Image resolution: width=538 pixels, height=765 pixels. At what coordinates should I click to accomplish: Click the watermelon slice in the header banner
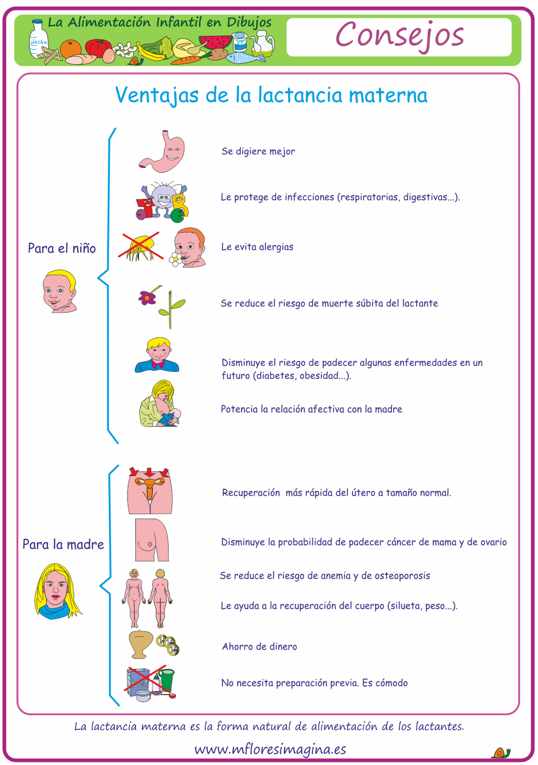click(x=215, y=42)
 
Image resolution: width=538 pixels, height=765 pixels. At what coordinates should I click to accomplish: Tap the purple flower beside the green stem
click(x=148, y=297)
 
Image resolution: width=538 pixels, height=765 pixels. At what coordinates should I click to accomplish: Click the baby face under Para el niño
click(x=59, y=291)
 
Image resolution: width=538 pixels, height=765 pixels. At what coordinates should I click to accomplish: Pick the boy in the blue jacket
click(x=157, y=355)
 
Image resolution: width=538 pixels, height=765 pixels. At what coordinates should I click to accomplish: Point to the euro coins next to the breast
click(x=168, y=645)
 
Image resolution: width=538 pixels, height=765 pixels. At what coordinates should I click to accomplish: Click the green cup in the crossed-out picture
click(x=166, y=679)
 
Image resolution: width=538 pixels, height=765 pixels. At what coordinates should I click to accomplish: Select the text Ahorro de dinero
click(x=259, y=646)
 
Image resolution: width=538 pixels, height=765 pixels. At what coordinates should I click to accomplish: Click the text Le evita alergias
click(x=257, y=247)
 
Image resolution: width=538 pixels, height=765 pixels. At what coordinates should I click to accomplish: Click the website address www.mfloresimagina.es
click(x=270, y=749)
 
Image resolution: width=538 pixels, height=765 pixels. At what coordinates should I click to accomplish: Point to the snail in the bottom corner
click(x=501, y=753)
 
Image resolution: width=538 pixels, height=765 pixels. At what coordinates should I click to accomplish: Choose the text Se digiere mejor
click(x=258, y=152)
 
